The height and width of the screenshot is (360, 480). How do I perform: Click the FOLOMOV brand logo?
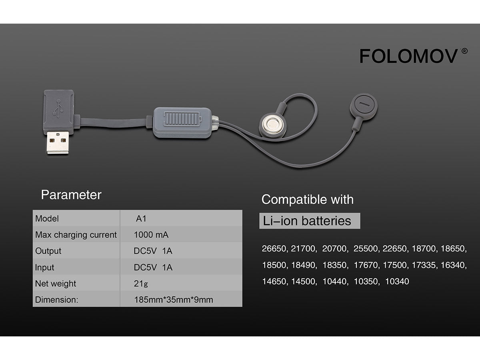408,56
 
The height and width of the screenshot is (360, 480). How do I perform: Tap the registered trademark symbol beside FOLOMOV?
464,51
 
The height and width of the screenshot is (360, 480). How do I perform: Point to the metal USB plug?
59,143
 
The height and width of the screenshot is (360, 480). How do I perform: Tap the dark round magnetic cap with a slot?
364,106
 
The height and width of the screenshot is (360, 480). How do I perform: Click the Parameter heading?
71,195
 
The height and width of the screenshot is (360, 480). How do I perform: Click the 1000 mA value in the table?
152,235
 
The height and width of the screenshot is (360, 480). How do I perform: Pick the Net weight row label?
56,284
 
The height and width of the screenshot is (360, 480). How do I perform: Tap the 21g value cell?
141,284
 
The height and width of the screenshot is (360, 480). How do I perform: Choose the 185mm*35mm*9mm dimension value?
174,300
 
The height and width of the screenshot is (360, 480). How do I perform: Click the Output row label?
48,251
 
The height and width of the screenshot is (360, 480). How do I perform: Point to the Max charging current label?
76,235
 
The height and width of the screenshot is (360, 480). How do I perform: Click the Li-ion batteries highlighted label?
307,221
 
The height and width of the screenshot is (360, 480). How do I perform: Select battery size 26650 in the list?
274,249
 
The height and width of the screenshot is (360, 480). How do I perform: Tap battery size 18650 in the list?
453,249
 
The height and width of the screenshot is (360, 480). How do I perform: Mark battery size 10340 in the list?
397,282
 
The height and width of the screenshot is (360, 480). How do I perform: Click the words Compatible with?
307,199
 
